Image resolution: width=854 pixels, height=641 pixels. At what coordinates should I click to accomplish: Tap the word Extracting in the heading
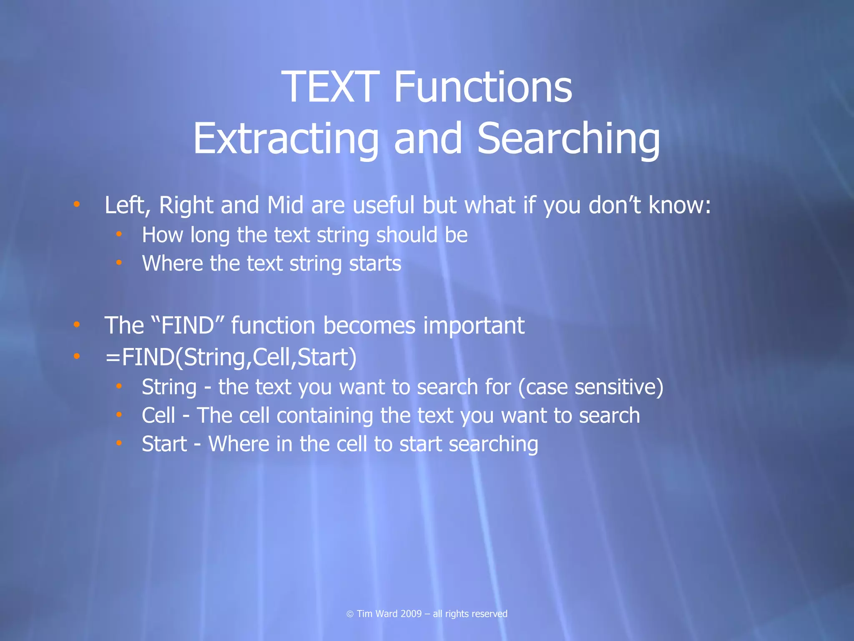[286, 139]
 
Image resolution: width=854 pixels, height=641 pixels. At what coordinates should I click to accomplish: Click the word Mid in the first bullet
[285, 205]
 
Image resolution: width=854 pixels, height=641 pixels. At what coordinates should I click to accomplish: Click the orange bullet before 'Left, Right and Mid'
[76, 204]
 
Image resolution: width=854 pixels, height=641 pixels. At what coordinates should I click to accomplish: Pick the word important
[474, 326]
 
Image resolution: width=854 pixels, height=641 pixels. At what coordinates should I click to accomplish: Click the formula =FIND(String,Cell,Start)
[231, 358]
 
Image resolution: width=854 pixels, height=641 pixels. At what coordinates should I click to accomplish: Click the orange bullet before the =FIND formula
[76, 356]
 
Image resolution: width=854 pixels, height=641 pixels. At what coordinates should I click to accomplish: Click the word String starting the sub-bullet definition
[169, 387]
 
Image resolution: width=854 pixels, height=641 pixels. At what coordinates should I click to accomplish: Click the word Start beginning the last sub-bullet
[164, 444]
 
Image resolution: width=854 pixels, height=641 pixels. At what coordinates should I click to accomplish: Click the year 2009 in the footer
[411, 613]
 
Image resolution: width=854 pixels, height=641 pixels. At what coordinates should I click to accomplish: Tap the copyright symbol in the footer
[350, 614]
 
